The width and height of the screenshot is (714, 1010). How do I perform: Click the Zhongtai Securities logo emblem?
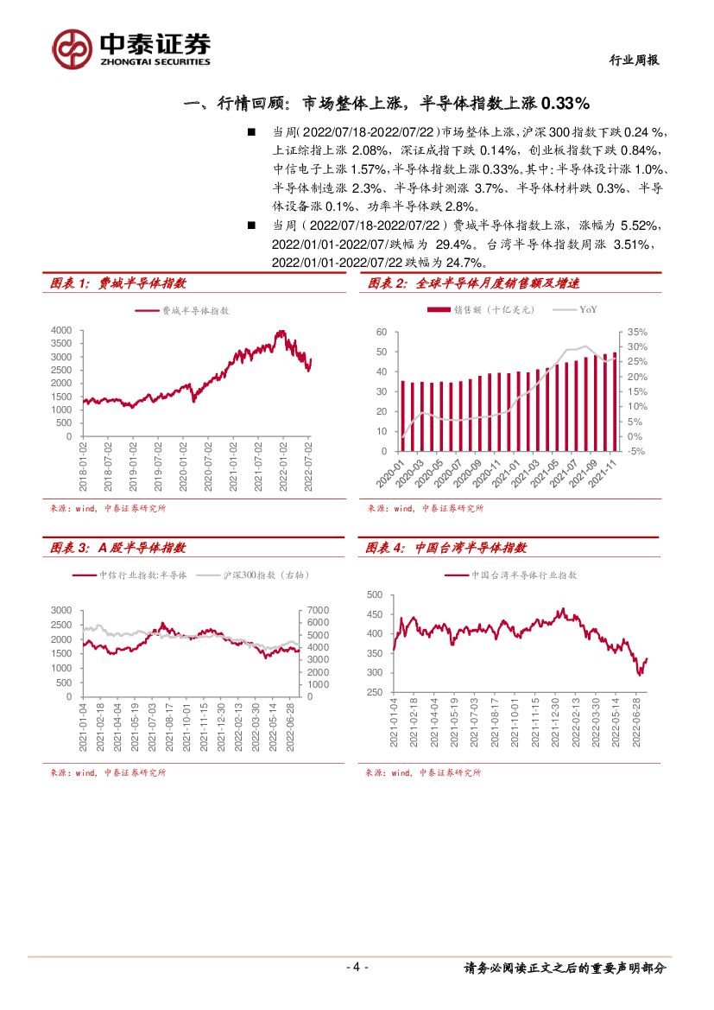click(x=72, y=48)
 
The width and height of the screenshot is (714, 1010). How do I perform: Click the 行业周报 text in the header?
click(x=635, y=60)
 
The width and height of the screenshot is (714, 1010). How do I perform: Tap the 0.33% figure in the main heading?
click(x=565, y=104)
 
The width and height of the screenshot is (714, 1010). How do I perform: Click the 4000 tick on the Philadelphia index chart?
click(x=61, y=330)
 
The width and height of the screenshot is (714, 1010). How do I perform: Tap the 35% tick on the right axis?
click(x=635, y=332)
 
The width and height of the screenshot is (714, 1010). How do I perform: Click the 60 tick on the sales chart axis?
click(x=381, y=332)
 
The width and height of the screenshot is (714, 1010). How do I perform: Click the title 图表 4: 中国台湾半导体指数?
click(x=446, y=548)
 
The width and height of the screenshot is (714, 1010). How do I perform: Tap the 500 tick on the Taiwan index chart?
click(x=375, y=594)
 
